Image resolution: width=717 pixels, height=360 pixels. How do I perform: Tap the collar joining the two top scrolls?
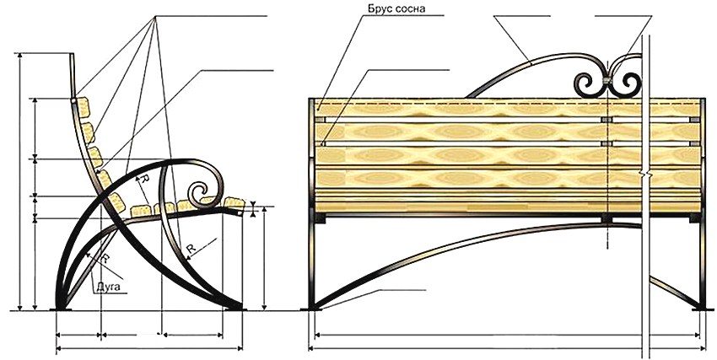[x=607, y=82]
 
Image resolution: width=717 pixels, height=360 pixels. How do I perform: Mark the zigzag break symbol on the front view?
[x=645, y=172]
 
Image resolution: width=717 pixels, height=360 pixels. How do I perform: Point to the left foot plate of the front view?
[x=315, y=309]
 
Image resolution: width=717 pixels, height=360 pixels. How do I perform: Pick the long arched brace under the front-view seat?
[x=472, y=240]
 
